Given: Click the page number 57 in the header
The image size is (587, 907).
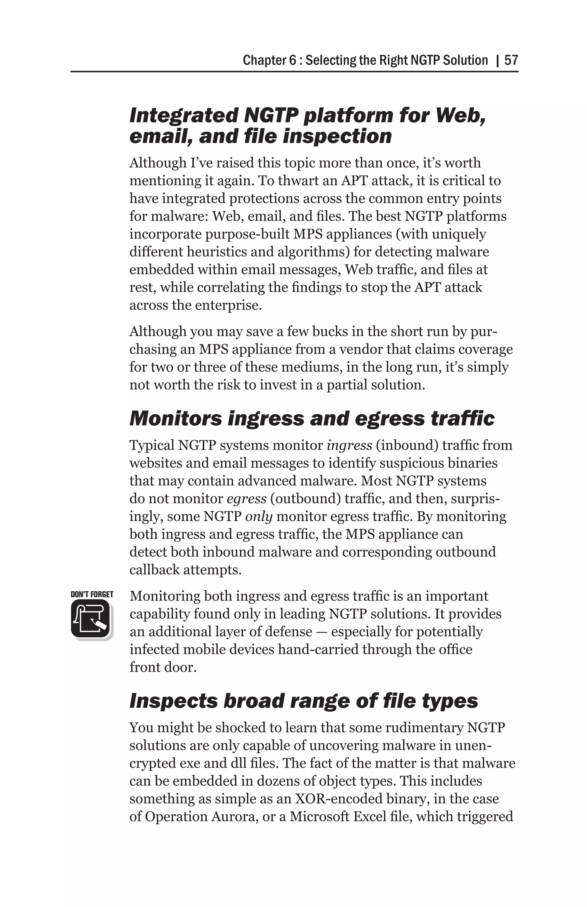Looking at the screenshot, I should coord(511,60).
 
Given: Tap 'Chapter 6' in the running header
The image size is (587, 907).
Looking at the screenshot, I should coord(269,60).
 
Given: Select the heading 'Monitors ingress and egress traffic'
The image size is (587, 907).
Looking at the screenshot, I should coord(312,419).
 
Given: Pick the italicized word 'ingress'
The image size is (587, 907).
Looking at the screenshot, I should coord(349,445).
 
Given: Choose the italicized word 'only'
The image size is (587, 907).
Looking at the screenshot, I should coord(259,516).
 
